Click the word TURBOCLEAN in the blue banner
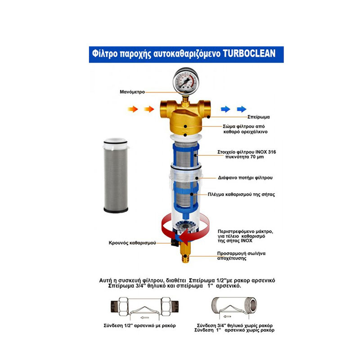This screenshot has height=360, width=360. [x=249, y=54]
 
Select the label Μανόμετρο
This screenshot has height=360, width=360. [x=132, y=92]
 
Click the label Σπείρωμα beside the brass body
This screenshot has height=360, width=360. [x=258, y=117]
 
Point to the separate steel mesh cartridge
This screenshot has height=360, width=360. [x=116, y=175]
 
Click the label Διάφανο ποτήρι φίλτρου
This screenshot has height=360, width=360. [x=245, y=178]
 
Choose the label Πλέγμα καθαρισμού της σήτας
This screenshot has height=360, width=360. [x=241, y=194]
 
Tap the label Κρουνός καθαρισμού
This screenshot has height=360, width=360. [x=132, y=243]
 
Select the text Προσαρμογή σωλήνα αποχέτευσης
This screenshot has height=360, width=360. [x=241, y=256]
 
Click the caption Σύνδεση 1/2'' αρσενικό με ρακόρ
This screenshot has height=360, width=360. [x=139, y=325]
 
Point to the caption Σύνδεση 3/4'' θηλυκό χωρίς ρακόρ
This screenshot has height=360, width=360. [x=234, y=325]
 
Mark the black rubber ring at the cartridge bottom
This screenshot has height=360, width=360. [x=116, y=210]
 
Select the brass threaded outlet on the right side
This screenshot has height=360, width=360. [x=207, y=108]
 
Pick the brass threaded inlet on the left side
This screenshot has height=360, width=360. [x=165, y=108]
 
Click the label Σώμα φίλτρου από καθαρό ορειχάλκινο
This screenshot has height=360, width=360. [x=245, y=129]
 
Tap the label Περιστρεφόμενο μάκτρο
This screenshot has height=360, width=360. [x=245, y=231]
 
